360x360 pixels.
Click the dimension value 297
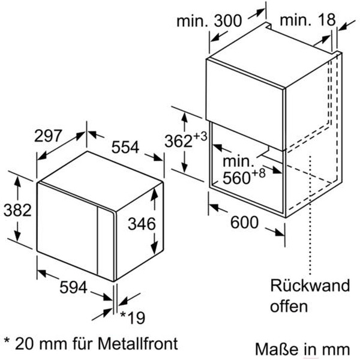(49, 136)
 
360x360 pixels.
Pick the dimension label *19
(133, 317)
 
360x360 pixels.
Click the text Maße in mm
(302, 348)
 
